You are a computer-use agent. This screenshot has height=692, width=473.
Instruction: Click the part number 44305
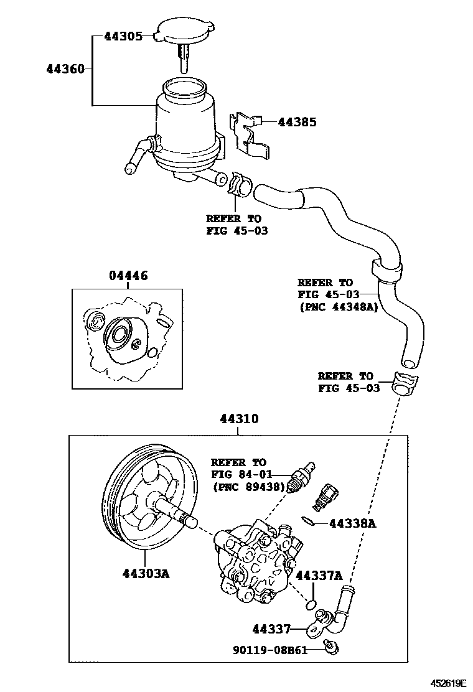[123, 36]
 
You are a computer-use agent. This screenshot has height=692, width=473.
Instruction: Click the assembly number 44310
[238, 420]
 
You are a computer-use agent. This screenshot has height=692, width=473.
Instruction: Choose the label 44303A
[141, 573]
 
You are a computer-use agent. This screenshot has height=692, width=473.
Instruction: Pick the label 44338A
[352, 524]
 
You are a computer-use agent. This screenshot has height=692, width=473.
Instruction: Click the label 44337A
[319, 576]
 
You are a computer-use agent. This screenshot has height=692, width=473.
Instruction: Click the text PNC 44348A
[338, 306]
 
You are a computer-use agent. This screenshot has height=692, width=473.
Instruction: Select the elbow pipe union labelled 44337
[336, 613]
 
